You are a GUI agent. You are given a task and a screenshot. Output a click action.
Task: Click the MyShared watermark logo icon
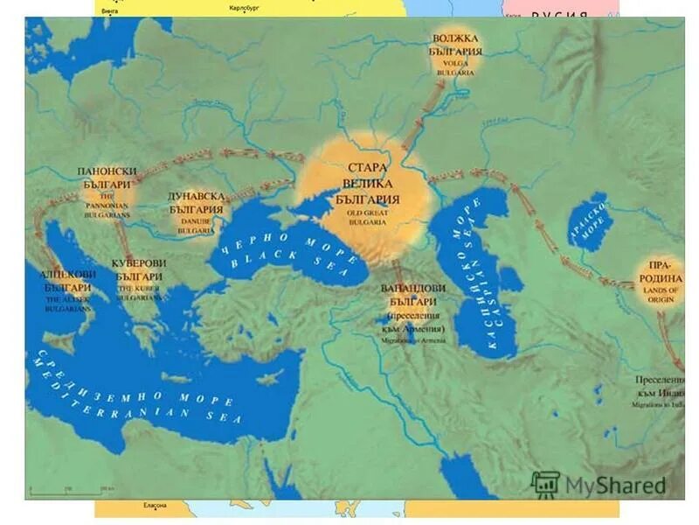(x=546, y=484)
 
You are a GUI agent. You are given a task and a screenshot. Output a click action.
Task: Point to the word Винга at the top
(x=110, y=10)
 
